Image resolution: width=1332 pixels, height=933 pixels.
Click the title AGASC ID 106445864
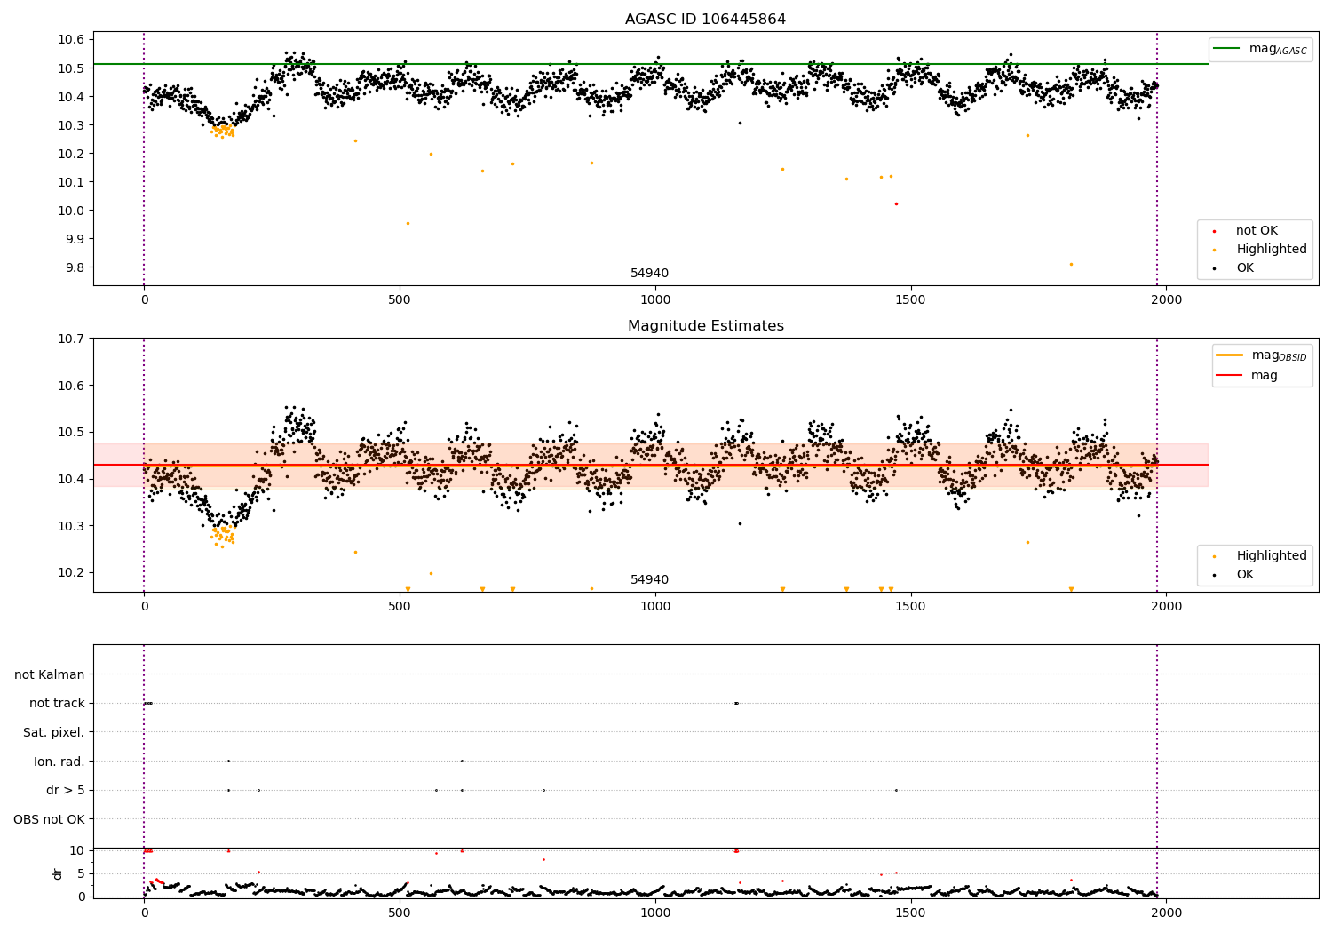(705, 20)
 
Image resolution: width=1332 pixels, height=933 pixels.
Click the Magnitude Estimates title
(705, 326)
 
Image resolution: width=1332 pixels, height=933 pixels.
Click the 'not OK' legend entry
(1256, 231)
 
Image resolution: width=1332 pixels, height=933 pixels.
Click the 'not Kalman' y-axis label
(50, 674)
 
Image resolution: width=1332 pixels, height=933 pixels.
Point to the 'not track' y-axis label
(57, 703)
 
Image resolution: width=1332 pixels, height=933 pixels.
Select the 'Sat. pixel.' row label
(53, 732)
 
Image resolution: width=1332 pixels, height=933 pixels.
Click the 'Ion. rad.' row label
(59, 762)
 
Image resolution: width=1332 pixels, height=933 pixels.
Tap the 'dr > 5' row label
(65, 790)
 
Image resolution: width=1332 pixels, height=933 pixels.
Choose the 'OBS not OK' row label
(49, 819)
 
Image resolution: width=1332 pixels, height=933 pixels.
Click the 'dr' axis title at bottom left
(58, 873)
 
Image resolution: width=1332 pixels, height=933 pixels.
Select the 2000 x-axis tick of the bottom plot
(1166, 913)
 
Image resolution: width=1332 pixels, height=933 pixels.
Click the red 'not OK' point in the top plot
(896, 203)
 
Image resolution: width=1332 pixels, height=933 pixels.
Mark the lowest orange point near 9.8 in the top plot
(1071, 264)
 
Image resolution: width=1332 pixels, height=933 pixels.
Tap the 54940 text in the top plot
(649, 274)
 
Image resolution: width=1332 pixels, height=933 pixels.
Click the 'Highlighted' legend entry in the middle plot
(1271, 555)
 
